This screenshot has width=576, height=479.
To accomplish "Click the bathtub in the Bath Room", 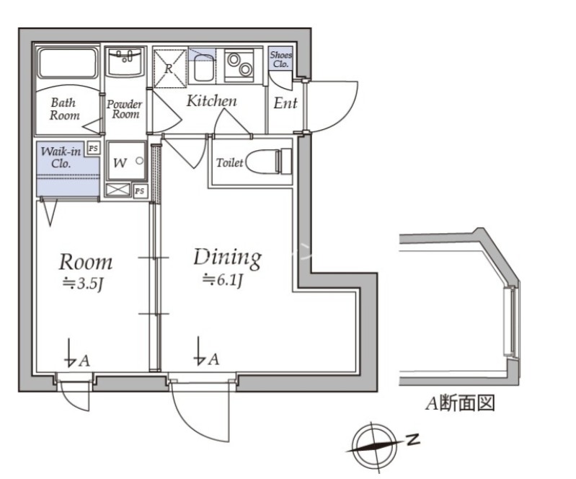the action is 68,63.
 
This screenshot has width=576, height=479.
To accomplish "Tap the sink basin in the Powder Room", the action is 125,62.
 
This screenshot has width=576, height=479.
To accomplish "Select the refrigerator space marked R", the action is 169,69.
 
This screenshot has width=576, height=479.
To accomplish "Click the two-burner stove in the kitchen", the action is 239,65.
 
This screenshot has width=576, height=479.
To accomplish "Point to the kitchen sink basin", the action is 203,68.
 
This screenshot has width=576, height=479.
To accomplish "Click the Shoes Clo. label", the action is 281,59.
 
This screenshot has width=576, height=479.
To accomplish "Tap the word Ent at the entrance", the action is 285,103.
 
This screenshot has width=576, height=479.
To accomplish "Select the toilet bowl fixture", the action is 268,161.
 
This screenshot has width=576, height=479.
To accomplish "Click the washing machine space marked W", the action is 126,160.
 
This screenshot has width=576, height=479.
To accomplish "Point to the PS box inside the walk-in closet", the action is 93,148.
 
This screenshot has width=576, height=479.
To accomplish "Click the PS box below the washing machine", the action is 139,191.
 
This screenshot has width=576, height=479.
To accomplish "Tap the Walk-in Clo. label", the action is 61,157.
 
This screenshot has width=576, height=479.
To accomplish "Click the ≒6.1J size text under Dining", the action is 222,280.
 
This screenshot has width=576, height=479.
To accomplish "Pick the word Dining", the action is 227,258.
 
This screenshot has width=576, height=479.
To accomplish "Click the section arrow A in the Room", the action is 76,353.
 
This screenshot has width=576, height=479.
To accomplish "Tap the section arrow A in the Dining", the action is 207,351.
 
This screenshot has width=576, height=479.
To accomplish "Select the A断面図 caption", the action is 460,403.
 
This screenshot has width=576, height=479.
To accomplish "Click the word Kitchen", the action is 212,101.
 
